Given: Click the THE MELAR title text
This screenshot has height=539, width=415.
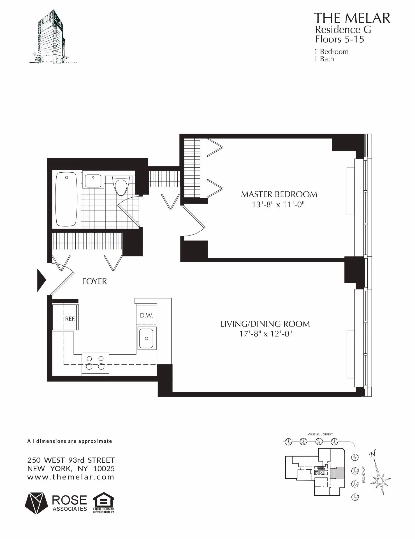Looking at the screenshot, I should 352,18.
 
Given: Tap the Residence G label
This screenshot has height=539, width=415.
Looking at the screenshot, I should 343,29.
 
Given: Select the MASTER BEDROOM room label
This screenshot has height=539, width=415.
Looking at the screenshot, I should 279,194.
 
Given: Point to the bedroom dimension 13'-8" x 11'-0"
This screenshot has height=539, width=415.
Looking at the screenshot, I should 278,205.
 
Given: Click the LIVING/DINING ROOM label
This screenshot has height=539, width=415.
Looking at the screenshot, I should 265,324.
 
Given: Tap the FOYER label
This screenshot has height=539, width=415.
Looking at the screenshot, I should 94,281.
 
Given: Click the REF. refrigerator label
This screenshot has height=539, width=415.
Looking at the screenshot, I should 70,319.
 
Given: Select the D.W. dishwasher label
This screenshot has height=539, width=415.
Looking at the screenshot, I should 146,316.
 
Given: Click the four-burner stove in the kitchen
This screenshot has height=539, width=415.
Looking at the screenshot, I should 95,364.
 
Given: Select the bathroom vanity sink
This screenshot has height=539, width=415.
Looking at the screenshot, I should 93,181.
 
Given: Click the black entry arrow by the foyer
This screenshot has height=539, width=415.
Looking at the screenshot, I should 41,280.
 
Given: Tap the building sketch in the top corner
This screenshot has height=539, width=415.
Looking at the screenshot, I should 52,36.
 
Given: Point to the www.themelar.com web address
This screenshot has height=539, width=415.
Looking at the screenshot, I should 71,477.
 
